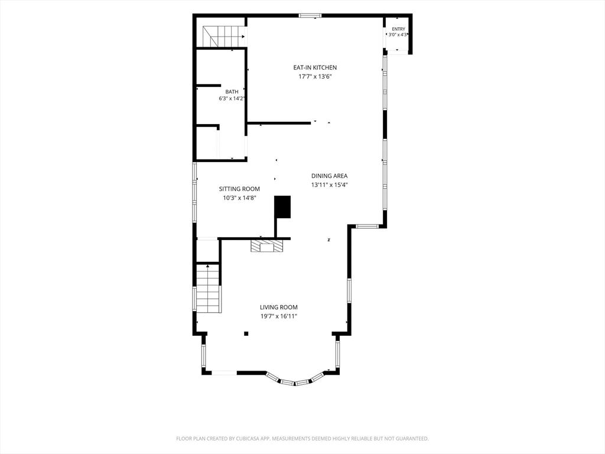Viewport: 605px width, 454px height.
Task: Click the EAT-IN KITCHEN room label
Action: pyautogui.click(x=315, y=67)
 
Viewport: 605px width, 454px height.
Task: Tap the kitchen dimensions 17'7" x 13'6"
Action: pyautogui.click(x=315, y=76)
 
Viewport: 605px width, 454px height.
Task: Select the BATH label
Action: pyautogui.click(x=232, y=92)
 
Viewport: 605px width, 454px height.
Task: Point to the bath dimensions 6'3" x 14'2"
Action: pyautogui.click(x=232, y=99)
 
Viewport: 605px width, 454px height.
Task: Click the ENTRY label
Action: pyautogui.click(x=399, y=30)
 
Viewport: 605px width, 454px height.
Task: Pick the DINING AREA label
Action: pyautogui.click(x=330, y=176)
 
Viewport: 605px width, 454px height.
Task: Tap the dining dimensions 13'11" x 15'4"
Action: pyautogui.click(x=330, y=185)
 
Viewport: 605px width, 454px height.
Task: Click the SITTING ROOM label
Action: pyautogui.click(x=240, y=189)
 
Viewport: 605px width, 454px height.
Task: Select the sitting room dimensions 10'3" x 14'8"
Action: pyautogui.click(x=240, y=198)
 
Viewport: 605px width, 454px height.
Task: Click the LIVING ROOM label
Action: pyautogui.click(x=279, y=307)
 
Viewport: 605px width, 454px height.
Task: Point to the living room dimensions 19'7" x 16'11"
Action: pyautogui.click(x=279, y=317)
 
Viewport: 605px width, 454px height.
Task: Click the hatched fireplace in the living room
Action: pyautogui.click(x=266, y=247)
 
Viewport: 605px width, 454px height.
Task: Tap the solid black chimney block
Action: pyautogui.click(x=282, y=207)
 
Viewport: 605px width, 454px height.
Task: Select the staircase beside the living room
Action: pyautogui.click(x=208, y=288)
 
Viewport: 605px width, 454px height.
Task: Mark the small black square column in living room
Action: pyautogui.click(x=246, y=333)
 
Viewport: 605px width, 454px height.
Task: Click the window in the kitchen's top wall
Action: pyautogui.click(x=311, y=16)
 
